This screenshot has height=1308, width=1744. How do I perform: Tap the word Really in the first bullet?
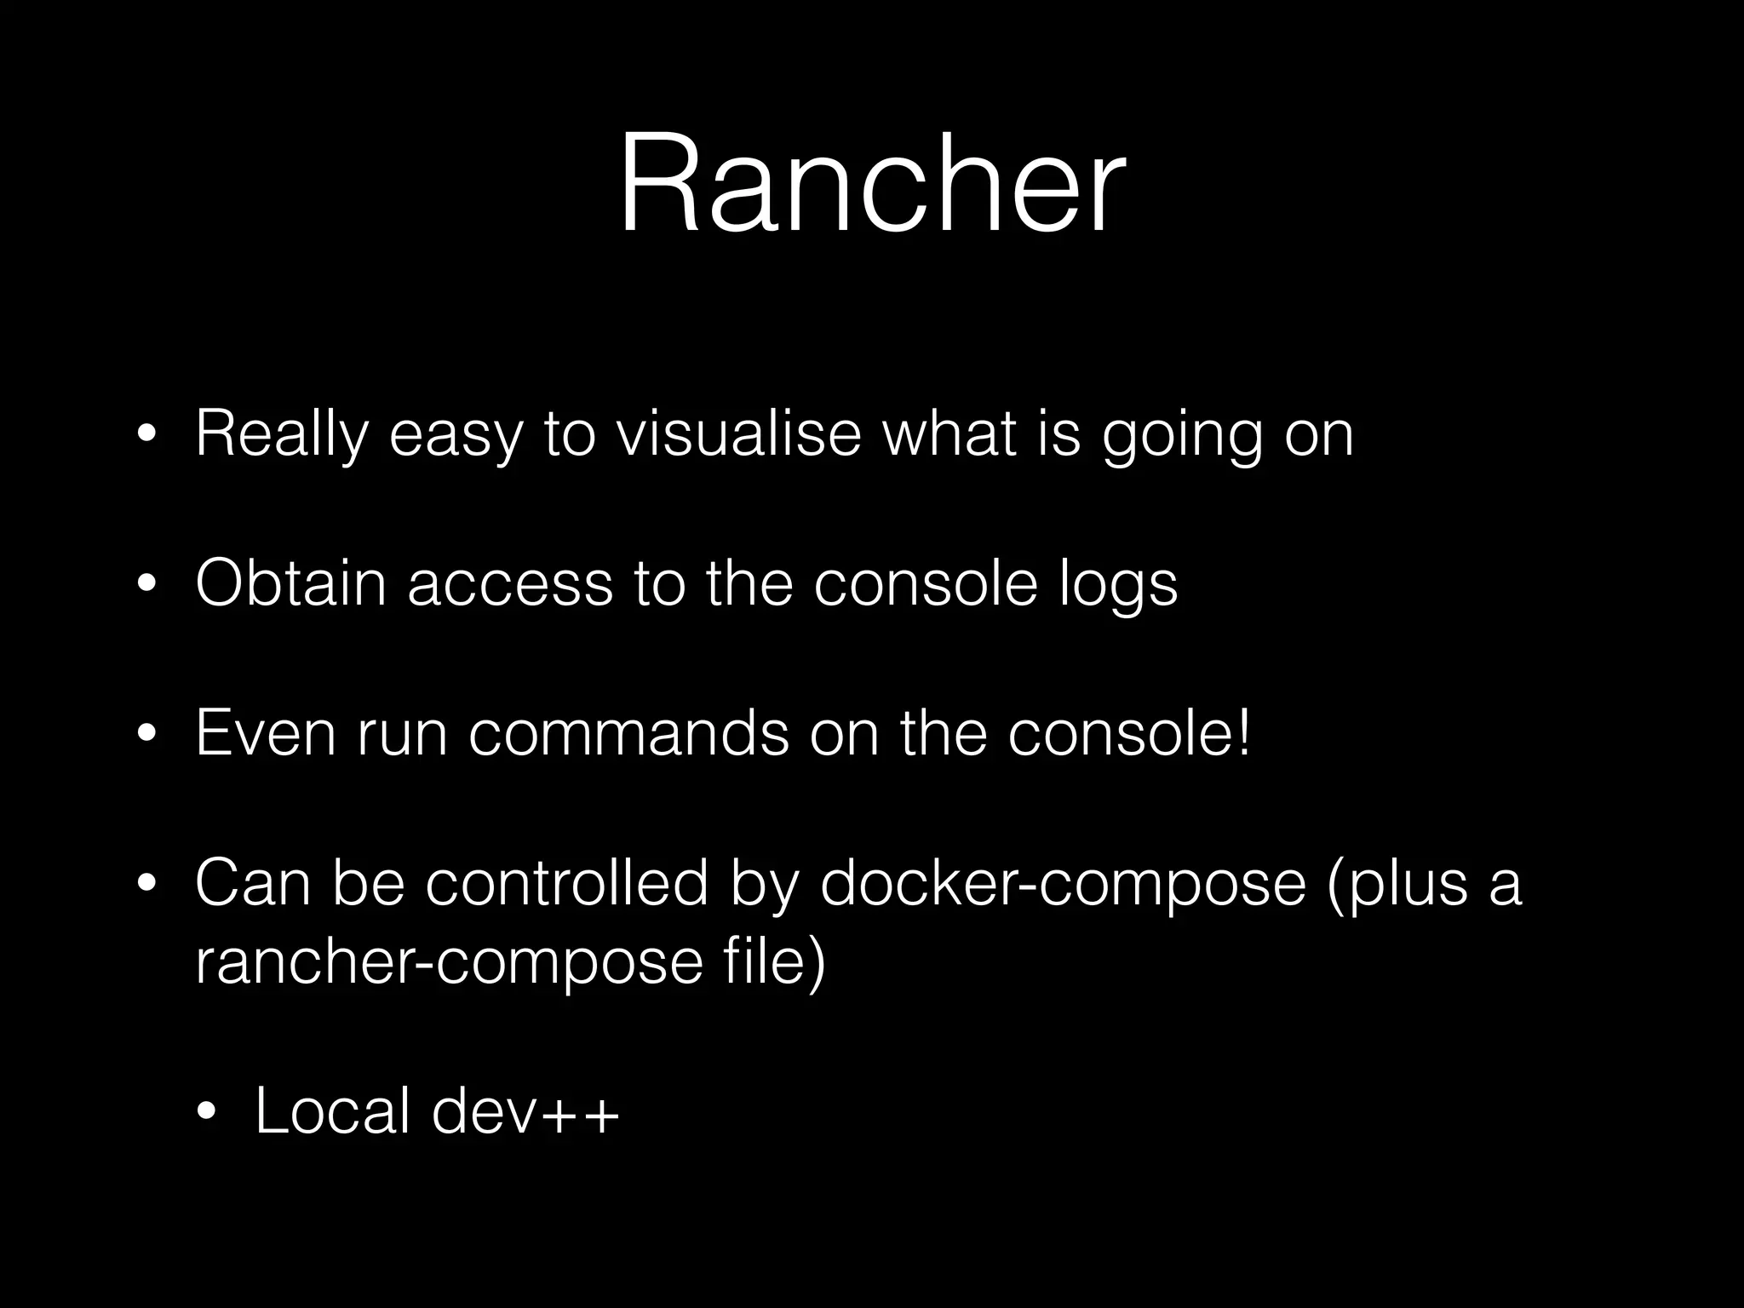282,435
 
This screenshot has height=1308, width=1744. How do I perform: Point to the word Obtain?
290,583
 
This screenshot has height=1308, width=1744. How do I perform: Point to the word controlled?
567,883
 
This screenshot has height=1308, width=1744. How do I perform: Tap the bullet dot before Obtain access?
146,585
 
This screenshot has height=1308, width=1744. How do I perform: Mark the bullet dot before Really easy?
146,435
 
